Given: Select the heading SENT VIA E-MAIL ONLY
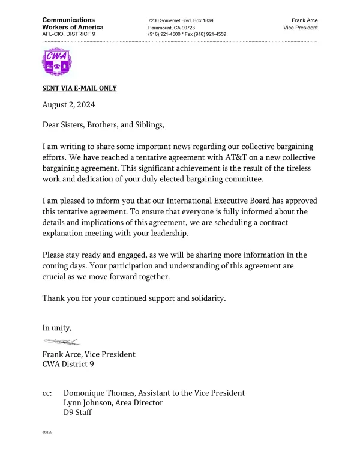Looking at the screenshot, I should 79,88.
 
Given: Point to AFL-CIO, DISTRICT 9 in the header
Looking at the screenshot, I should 68,34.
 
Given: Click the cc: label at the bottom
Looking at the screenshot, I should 47,393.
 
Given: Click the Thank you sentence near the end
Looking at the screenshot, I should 134,298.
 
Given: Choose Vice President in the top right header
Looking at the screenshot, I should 301,28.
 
